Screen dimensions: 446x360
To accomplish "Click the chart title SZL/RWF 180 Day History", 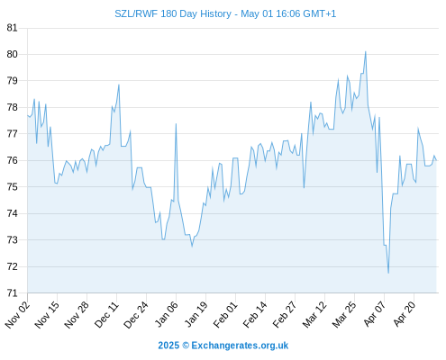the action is [173, 13].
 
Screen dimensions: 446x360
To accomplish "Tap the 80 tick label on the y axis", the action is [12, 54].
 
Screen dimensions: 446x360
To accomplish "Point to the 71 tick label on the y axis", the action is [12, 292].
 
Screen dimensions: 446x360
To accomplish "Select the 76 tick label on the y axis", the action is [12, 160].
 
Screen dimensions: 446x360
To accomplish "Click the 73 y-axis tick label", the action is [12, 240].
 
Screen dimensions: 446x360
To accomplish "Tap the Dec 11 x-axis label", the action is [107, 314].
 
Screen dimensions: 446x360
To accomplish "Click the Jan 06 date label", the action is [167, 314].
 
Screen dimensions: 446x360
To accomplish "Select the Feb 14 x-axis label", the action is [256, 314].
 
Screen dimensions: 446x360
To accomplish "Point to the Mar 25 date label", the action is [345, 314].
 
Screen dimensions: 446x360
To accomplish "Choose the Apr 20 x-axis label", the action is [405, 314].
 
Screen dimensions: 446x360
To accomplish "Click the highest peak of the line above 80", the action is [366, 51].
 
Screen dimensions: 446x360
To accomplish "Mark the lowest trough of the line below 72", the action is [388, 273].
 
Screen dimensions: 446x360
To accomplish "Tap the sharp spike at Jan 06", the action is [176, 123].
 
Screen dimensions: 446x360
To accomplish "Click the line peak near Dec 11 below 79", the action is [119, 85].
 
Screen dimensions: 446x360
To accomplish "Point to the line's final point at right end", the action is [436, 160].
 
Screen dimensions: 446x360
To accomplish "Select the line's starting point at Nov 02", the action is [27, 115].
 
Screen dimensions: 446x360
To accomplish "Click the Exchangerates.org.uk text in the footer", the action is [240, 346].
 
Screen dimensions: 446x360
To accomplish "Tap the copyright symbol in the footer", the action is [186, 346].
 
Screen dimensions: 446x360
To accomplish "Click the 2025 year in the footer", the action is [168, 346].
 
